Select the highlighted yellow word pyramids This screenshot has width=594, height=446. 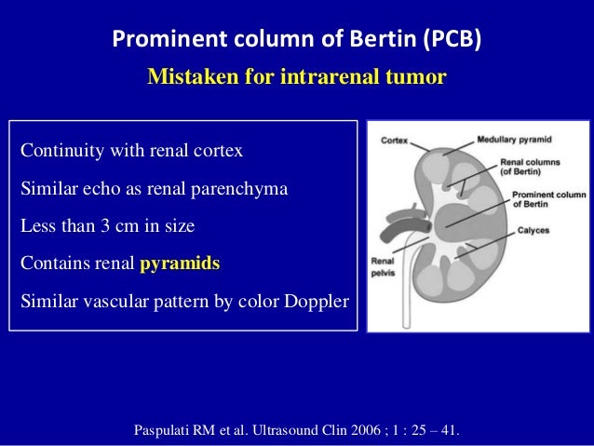coord(180,264)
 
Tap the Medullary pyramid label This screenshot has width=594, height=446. coord(514,141)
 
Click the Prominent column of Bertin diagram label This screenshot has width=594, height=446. coord(544,199)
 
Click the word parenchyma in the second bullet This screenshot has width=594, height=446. coord(240,189)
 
